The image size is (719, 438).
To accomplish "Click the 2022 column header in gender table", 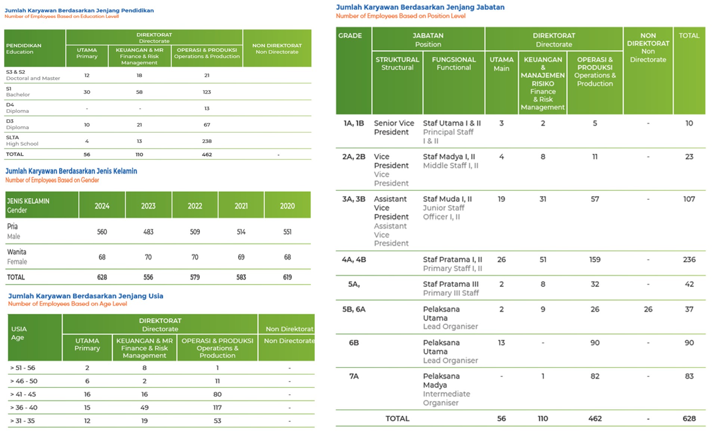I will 195,206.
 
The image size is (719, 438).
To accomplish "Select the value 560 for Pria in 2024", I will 102,232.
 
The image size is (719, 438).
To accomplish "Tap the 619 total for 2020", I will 287,277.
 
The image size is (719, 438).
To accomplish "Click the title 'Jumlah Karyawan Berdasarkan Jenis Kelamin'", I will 71,171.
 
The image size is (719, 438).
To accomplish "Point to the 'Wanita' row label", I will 17,252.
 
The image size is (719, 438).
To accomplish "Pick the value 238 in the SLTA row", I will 207,141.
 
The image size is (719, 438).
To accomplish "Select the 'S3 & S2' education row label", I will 15,72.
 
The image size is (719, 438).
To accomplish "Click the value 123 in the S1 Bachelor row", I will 207,92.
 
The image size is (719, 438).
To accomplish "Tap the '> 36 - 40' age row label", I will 24,408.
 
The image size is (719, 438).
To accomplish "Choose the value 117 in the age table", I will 217,408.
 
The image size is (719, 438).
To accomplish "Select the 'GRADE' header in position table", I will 350,36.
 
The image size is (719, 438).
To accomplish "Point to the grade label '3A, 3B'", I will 354,199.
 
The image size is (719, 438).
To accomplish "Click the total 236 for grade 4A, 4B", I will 689,260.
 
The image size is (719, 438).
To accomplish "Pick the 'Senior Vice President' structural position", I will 394,127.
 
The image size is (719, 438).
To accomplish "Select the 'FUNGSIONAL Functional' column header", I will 454,64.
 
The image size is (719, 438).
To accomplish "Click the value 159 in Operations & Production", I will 595,260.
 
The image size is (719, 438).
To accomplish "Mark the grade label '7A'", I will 354,376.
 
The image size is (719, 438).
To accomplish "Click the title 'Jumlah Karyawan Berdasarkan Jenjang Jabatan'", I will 420,7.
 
